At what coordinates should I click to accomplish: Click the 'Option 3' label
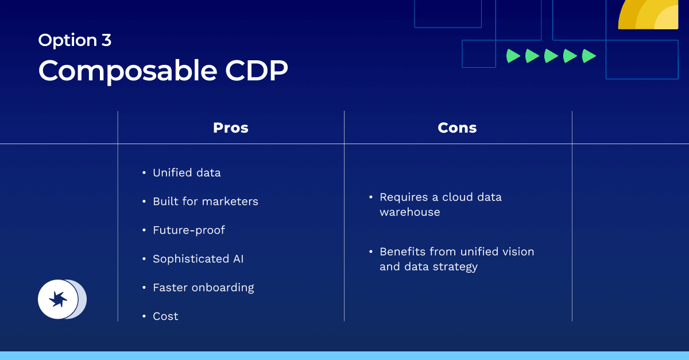[x=75, y=40]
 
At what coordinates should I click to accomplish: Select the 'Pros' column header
[x=231, y=127]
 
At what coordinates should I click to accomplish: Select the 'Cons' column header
[x=457, y=127]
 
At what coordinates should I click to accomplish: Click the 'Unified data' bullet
[x=187, y=173]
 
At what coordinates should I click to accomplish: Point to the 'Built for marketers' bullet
[x=205, y=202]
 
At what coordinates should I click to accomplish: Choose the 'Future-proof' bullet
[x=189, y=230]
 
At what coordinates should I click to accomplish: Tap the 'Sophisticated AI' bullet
[x=198, y=259]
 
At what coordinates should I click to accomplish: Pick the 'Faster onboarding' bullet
[x=203, y=288]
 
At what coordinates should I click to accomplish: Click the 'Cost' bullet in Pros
[x=165, y=316]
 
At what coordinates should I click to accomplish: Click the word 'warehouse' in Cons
[x=410, y=212]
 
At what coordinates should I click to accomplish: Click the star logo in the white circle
[x=58, y=299]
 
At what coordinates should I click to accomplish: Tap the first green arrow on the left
[x=513, y=56]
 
